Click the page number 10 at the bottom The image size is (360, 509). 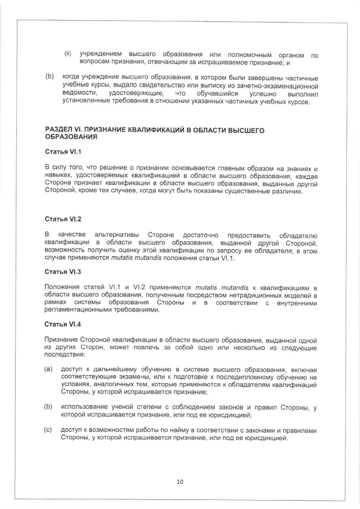coord(180,481)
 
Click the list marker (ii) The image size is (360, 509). coord(67,55)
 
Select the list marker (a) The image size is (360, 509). coord(49,368)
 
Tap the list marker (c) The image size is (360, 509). coord(49,430)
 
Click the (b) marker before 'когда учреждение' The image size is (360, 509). coord(49,78)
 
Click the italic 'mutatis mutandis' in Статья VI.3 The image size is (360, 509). coord(215,287)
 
